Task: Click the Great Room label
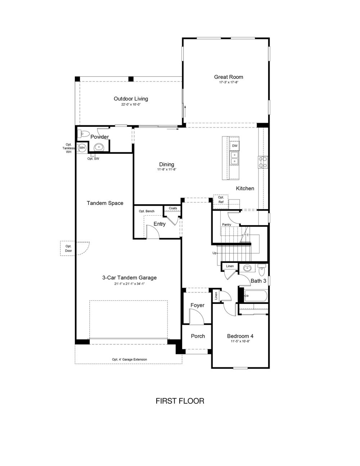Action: (x=229, y=77)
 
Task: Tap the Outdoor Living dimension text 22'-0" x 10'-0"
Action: (x=131, y=105)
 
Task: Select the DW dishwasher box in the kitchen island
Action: (x=235, y=146)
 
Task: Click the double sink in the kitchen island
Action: (x=235, y=158)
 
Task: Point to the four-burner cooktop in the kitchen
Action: (x=263, y=162)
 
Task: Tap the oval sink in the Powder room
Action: (x=99, y=147)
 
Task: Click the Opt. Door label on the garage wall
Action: (x=68, y=248)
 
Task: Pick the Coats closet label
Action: (x=173, y=208)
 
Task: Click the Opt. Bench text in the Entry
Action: (x=147, y=211)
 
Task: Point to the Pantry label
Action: (x=226, y=224)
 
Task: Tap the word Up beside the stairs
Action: (x=214, y=253)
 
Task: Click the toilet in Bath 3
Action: (x=262, y=270)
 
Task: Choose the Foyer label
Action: (x=197, y=305)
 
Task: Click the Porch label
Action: (x=198, y=336)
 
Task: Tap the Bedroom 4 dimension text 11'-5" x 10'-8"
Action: (x=240, y=341)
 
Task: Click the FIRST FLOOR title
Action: (x=180, y=401)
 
